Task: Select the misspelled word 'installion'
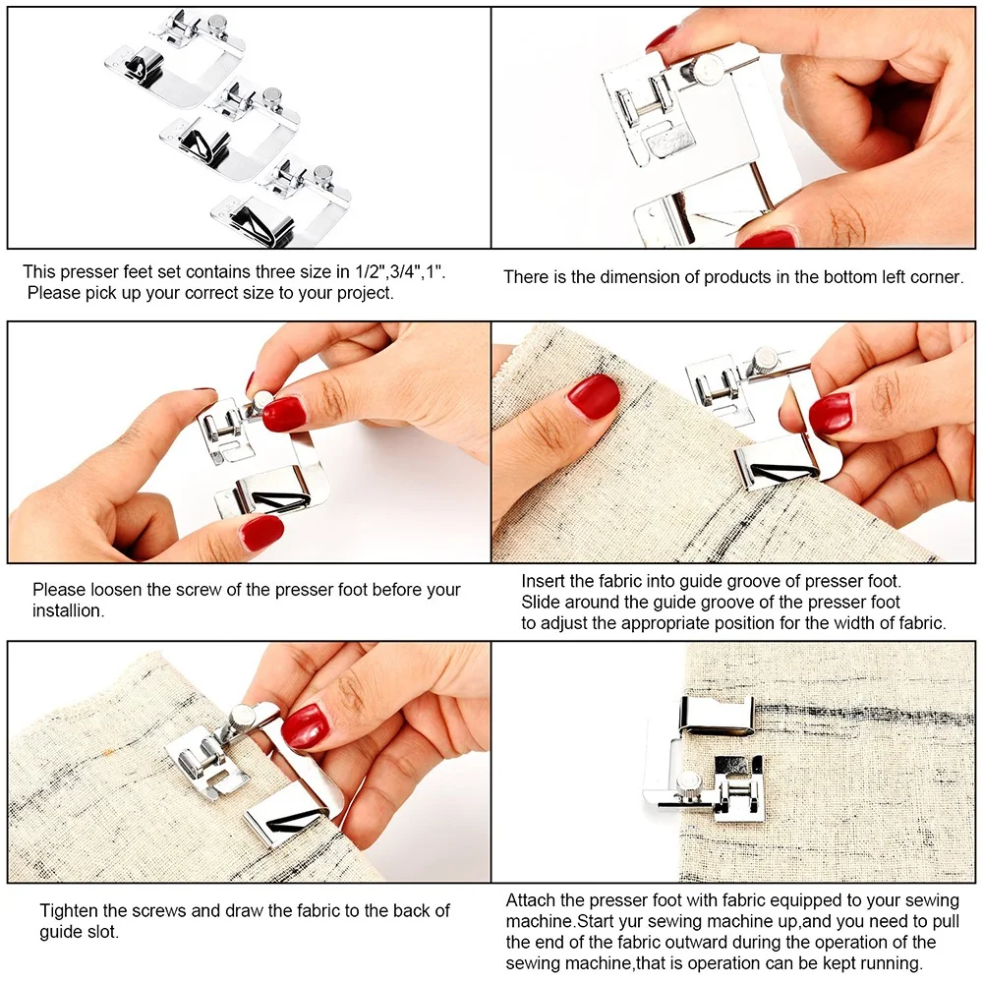click(68, 610)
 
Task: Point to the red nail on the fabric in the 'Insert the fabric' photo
click(593, 396)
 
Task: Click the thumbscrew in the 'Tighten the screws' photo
click(240, 719)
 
